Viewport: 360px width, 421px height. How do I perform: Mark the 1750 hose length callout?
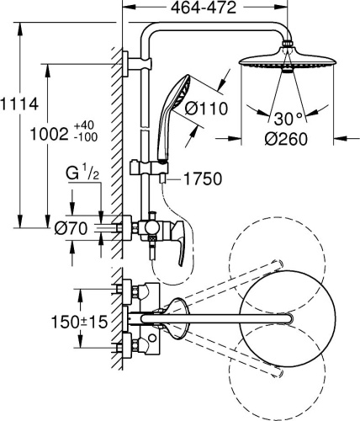196,179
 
